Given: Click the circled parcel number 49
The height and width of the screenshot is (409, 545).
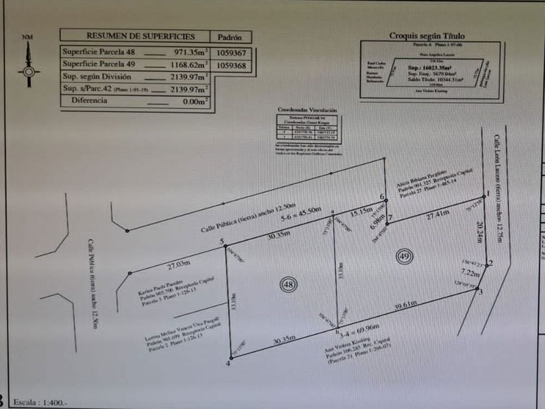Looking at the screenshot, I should pos(404,256).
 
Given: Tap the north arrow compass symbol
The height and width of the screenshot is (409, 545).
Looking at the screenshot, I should pos(27,68).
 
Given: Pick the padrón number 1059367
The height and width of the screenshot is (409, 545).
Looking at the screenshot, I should pos(232,53).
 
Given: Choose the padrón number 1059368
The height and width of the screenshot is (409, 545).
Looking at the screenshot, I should pos(232,65).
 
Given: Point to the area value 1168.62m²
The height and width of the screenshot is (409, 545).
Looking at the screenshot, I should pos(188,65).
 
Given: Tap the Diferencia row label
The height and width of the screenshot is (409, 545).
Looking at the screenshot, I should pos(89,101).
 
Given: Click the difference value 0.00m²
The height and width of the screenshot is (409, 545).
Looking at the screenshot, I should pos(195,101).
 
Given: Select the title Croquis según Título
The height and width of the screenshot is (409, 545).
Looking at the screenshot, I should pos(427,36).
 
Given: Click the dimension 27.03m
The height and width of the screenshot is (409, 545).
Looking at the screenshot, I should pos(180,264).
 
